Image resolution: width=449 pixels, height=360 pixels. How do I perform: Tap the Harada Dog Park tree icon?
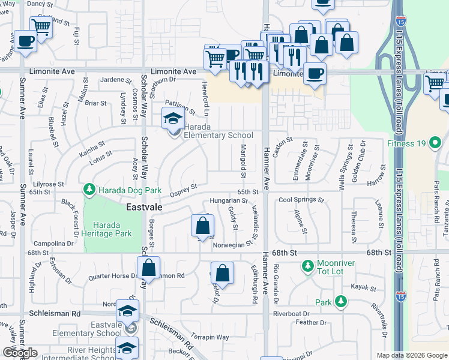89,190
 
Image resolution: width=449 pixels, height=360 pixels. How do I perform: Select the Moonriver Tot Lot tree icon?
308,265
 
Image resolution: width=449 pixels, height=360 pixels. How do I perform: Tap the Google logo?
19,353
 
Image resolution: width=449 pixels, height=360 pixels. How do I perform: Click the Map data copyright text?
412,355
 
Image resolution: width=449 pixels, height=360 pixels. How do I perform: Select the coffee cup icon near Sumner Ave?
25,41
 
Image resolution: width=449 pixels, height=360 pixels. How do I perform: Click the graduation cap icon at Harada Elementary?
173,118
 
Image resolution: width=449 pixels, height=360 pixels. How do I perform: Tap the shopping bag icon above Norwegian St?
203,226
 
